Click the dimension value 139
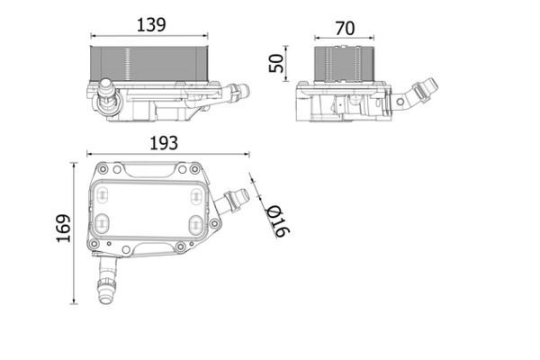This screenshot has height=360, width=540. pos(151,25)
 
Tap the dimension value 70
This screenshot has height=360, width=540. pos(345,29)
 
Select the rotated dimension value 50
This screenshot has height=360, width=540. pos(276,63)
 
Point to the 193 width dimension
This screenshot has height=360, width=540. pos(164,143)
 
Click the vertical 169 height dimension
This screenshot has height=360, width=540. pos(64,229)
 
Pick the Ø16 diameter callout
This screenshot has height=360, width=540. pos(278,220)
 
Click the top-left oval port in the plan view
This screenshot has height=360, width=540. pos(101,195)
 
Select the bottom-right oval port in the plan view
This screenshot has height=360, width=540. pos(196,225)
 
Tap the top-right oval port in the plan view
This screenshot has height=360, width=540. pos(195,195)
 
